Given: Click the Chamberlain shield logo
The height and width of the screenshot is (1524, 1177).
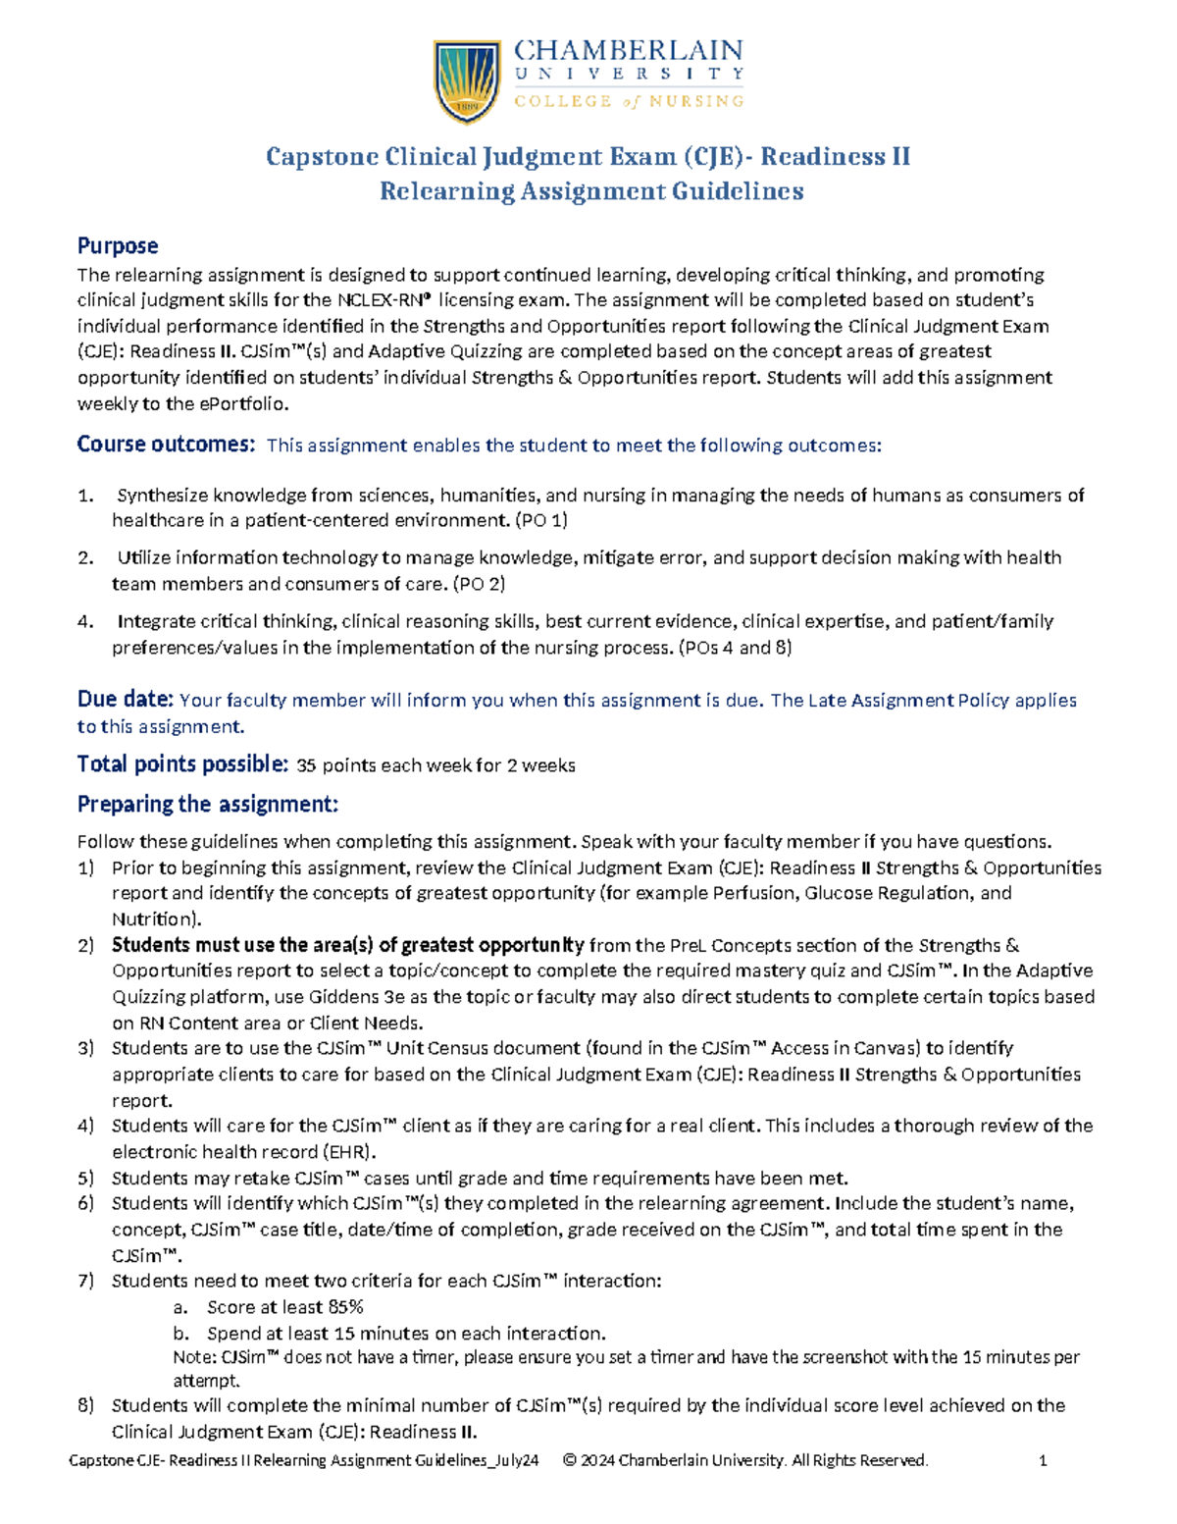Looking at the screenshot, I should tap(468, 80).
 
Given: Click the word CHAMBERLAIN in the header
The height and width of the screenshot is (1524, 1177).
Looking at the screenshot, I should tap(628, 50).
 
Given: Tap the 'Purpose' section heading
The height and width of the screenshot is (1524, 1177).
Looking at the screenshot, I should tap(118, 246).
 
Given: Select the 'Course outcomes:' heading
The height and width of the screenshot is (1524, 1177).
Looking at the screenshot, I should tap(166, 445).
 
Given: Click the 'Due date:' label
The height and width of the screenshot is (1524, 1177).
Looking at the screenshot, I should tap(126, 700).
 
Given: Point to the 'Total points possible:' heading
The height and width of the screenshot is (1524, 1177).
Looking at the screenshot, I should tap(182, 764).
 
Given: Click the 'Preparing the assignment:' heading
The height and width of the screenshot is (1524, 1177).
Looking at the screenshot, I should tap(207, 805).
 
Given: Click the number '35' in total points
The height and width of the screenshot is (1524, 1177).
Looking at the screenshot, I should tap(306, 765).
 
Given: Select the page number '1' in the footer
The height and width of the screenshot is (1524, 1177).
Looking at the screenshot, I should tap(1043, 1461).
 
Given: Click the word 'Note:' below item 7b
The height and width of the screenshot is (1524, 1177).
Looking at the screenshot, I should tap(195, 1358).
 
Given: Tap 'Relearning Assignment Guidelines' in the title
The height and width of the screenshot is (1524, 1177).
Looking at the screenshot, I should tap(591, 191).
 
